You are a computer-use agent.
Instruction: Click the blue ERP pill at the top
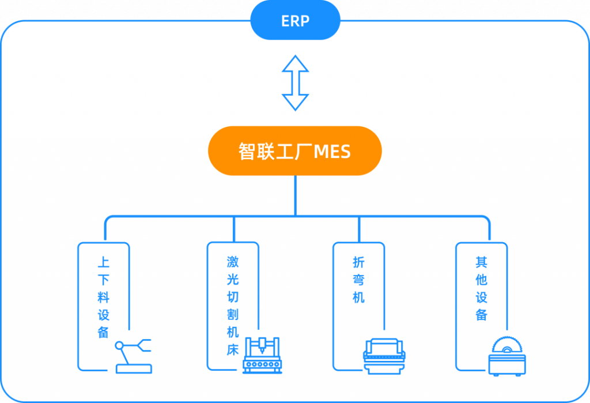295,21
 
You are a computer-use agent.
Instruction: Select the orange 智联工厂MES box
295,151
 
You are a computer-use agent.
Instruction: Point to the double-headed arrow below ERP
295,83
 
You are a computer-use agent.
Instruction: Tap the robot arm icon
134,356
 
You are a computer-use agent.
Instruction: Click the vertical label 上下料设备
104,297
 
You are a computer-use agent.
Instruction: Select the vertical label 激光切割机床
232,306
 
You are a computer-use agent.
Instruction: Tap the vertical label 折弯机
358,280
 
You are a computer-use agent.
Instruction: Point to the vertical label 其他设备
482,288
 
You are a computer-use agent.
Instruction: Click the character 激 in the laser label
232,263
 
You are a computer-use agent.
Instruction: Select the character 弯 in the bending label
358,280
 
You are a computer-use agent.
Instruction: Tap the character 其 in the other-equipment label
482,263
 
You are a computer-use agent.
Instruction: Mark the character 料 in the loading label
104,297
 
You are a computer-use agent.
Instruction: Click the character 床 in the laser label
232,350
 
